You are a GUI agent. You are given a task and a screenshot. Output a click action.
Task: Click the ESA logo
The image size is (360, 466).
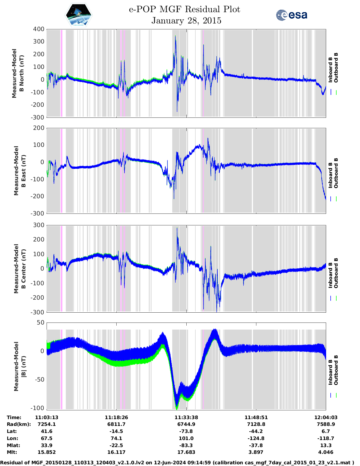(292, 15)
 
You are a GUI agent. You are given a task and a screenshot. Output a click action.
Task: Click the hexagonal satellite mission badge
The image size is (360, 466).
(79, 15)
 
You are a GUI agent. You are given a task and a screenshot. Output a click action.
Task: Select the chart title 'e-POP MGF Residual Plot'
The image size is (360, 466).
(184, 9)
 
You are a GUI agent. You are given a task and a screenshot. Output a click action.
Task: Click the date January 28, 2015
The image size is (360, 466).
(186, 21)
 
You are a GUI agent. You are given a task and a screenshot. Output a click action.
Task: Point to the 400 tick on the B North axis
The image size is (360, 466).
(39, 29)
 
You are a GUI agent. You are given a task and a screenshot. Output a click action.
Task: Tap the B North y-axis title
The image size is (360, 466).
(18, 73)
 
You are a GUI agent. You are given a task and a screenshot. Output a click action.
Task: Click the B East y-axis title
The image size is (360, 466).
(19, 171)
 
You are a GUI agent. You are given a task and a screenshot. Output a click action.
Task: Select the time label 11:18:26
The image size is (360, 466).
(116, 417)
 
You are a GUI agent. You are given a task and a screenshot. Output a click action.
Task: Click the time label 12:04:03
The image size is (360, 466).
(326, 417)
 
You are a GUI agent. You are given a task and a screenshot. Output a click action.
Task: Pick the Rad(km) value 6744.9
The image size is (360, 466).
(186, 424)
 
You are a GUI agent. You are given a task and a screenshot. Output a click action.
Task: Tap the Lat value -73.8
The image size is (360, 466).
(186, 431)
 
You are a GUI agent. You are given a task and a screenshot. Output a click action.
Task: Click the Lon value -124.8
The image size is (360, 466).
(256, 438)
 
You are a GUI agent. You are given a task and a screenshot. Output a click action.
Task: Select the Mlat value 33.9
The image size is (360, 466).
(47, 445)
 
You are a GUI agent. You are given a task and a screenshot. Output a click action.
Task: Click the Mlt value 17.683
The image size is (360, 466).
(186, 452)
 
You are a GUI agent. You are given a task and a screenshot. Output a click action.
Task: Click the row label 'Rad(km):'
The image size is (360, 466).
(19, 424)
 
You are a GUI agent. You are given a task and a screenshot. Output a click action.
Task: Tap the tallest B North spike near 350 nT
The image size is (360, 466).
(175, 36)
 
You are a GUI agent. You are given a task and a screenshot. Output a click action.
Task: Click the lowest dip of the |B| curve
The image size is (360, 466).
(177, 408)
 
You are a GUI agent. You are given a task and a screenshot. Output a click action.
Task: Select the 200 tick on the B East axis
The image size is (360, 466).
(39, 128)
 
